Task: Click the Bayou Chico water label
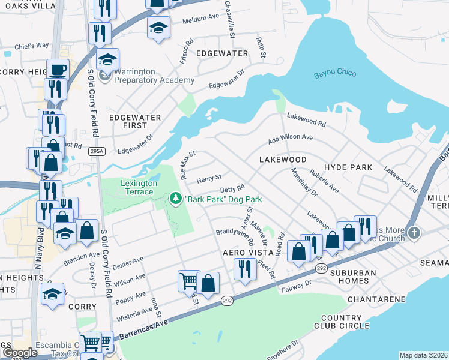[335, 74]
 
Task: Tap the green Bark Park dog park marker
[176, 197]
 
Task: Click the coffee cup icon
[58, 69]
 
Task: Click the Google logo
[19, 353]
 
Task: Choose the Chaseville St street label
[229, 19]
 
